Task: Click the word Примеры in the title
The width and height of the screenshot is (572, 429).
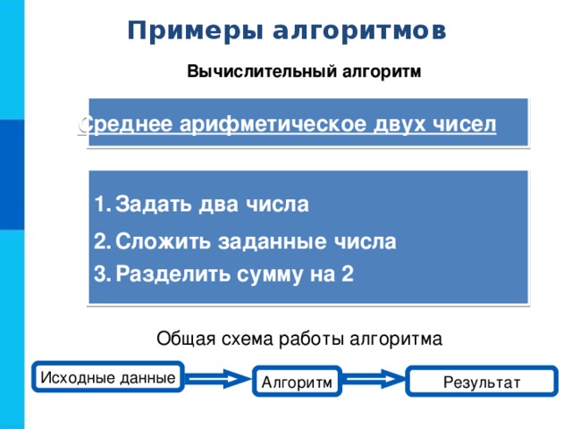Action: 195,30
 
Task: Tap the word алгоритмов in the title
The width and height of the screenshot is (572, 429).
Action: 359,30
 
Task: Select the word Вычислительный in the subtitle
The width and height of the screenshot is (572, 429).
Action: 262,71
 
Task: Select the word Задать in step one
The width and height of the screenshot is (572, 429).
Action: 153,204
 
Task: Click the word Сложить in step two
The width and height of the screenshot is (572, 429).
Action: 163,241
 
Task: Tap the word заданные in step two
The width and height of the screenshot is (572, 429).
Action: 272,242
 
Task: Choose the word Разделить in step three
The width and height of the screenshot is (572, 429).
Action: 172,274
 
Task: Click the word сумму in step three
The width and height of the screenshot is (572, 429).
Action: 270,274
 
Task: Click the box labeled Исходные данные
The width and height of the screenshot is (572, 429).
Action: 108,377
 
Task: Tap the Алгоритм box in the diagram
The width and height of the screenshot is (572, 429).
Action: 297,382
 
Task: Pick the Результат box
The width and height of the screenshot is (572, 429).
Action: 482,382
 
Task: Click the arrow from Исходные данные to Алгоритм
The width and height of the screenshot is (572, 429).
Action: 218,379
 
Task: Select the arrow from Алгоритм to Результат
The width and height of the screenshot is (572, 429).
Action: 374,379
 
